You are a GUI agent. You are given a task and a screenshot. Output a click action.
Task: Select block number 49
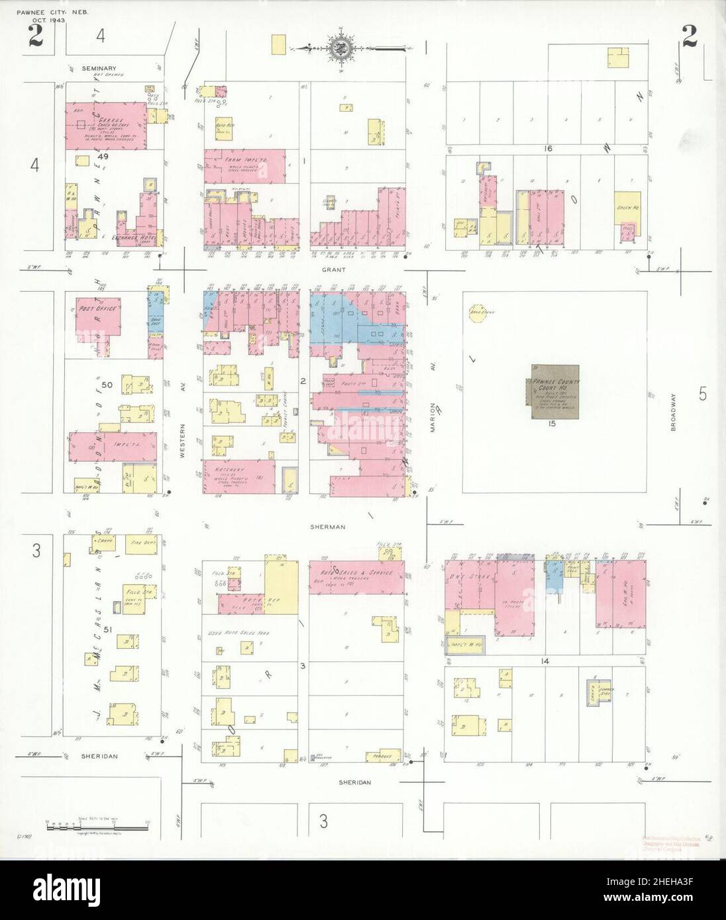click(x=102, y=157)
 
